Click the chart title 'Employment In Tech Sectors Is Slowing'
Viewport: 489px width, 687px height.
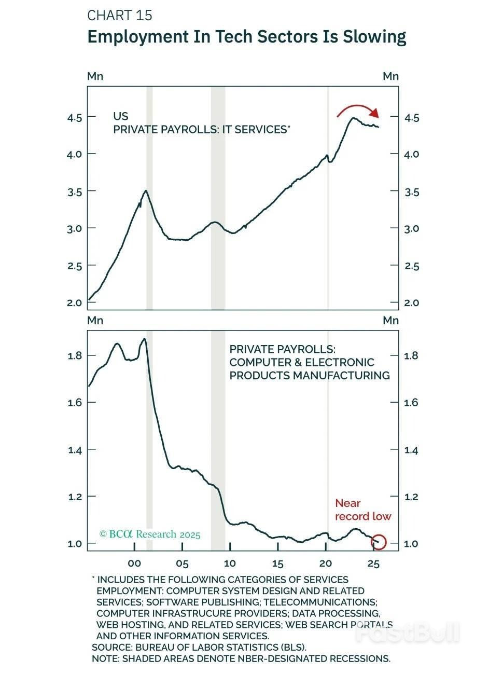(x=246, y=37)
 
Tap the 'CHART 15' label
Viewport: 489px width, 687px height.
(x=120, y=16)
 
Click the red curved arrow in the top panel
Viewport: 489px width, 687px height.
(x=358, y=109)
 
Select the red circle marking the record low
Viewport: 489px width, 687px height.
(x=379, y=542)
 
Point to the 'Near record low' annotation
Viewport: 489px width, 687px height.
(x=362, y=510)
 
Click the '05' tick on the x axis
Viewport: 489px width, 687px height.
(x=182, y=564)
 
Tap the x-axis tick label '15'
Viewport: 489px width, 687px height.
(x=277, y=564)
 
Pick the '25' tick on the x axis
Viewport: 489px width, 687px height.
(x=373, y=564)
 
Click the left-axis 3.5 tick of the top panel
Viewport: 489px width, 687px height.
(x=74, y=192)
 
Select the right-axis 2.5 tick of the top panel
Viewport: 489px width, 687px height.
(x=412, y=266)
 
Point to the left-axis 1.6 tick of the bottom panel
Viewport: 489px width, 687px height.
(x=75, y=403)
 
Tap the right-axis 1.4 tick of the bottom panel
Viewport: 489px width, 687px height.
(x=411, y=450)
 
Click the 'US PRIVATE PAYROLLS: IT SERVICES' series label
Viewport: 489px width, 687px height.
(x=201, y=123)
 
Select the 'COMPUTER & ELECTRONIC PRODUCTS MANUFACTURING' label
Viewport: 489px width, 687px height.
(x=310, y=362)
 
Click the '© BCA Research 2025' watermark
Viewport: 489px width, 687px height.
(x=150, y=534)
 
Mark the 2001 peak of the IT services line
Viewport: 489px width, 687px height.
(x=146, y=191)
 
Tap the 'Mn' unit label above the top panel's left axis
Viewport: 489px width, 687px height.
(x=95, y=76)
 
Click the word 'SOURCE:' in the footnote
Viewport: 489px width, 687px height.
(x=112, y=647)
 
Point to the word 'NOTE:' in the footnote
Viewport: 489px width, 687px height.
(x=106, y=658)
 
